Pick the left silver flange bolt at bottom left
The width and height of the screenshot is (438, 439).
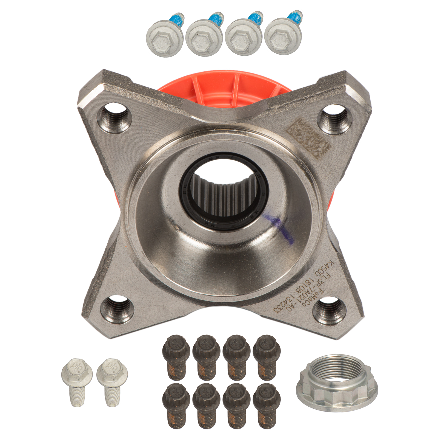(x=77, y=380)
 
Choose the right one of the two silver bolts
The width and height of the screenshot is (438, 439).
(x=112, y=380)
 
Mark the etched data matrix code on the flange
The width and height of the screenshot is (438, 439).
(x=308, y=139)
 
